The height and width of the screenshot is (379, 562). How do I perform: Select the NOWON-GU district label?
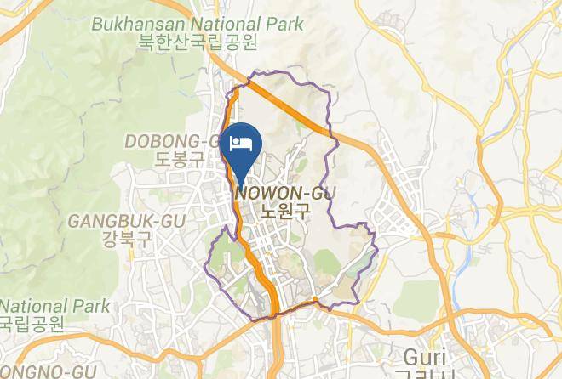pos(280,194)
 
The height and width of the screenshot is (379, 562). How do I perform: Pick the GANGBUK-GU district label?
pos(114,221)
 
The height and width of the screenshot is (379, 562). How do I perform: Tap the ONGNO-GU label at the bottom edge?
pos(47,371)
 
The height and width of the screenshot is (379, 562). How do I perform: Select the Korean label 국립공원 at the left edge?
pos(32,324)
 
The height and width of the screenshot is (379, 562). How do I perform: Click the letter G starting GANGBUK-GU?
pos(74,221)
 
